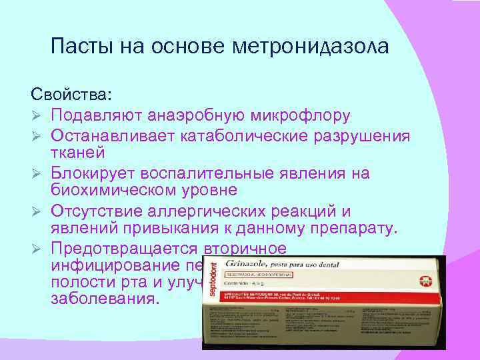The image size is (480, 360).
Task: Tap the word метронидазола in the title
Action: (311, 47)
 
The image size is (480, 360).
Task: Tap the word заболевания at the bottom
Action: (105, 298)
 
